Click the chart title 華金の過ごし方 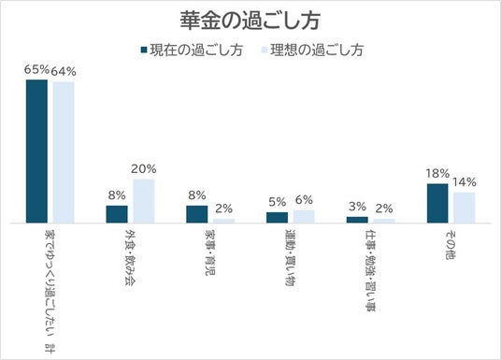coord(250,22)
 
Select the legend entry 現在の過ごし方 coord(193,50)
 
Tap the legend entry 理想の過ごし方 coord(313,50)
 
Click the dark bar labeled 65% coord(36,151)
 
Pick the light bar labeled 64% coord(64,152)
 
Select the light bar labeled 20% coord(144,201)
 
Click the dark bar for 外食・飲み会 coord(117,214)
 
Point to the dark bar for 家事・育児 coord(197,214)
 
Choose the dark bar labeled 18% coord(437,203)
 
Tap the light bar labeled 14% coord(465,208)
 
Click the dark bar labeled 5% coord(277,218)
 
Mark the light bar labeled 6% coord(304,216)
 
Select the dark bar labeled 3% coord(357,220)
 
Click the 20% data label coord(144,169)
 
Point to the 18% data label coord(437,174)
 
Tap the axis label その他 coord(451,245)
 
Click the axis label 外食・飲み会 coord(130,257)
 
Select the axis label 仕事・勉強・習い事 coord(371,270)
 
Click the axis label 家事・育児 coord(210,252)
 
